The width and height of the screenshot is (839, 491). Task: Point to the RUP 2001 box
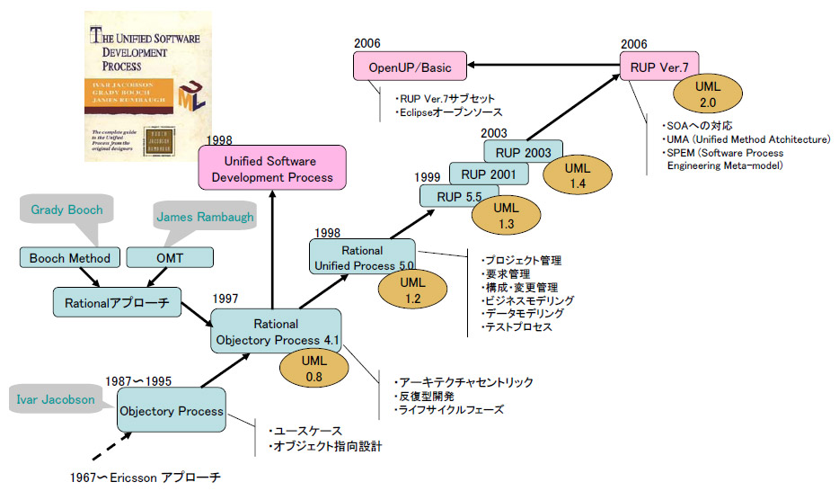pos(481,174)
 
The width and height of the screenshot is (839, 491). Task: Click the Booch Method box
pos(70,258)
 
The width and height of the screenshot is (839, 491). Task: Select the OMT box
pos(170,258)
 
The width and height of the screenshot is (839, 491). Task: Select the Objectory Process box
pos(171,411)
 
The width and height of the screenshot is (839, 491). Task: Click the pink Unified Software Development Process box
pos(270,169)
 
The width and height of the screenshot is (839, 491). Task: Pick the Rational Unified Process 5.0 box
pos(362,258)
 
